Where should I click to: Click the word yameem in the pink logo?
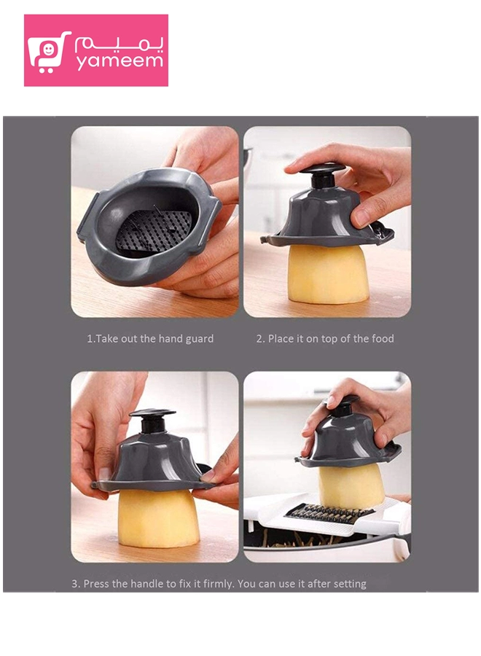[120, 61]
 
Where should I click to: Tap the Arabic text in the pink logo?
[120, 44]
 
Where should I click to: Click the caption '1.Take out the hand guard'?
[150, 338]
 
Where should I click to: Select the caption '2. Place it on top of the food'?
[325, 338]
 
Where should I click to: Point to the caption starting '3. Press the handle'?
[219, 584]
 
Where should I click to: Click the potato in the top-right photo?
[326, 274]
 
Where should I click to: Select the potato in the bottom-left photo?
[157, 518]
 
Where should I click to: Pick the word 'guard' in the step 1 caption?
[200, 339]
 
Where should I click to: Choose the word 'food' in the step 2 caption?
[383, 338]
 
